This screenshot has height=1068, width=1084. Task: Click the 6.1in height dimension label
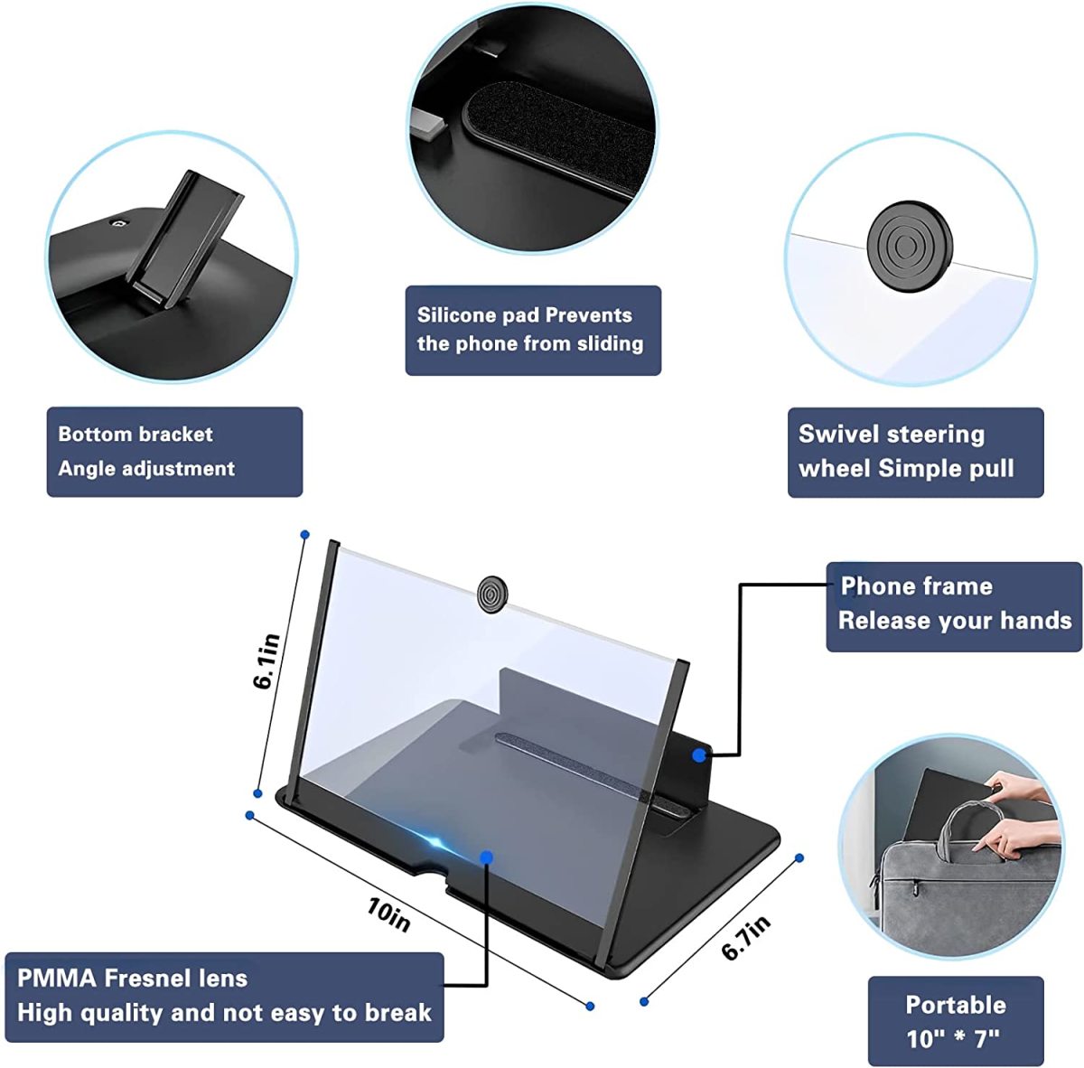(267, 660)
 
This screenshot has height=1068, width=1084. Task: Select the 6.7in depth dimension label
(746, 938)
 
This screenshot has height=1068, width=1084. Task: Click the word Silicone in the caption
(456, 315)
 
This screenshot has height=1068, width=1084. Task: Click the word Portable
(955, 1005)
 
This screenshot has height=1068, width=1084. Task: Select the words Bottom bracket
(135, 434)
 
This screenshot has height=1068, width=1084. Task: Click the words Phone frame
(916, 586)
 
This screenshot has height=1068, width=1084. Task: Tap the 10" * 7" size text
(954, 1039)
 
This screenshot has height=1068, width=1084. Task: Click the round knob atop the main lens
(492, 595)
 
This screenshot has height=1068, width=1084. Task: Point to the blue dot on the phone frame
(699, 754)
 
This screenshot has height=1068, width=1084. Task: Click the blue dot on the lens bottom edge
(486, 857)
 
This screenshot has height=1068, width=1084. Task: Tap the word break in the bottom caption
(399, 1013)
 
